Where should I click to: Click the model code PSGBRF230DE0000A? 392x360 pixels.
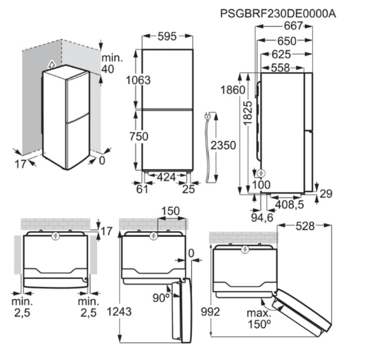click(x=278, y=14)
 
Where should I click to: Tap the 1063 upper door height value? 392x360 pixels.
click(x=138, y=80)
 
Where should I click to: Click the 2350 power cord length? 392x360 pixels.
click(x=223, y=145)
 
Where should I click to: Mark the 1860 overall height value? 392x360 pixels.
click(x=232, y=89)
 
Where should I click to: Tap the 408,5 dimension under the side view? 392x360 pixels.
click(x=290, y=204)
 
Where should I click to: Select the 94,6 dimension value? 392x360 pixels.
click(x=261, y=216)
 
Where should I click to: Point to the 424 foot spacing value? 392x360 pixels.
click(x=167, y=177)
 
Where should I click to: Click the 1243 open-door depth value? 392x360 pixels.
click(x=119, y=312)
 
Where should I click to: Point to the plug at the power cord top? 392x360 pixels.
click(x=208, y=116)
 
